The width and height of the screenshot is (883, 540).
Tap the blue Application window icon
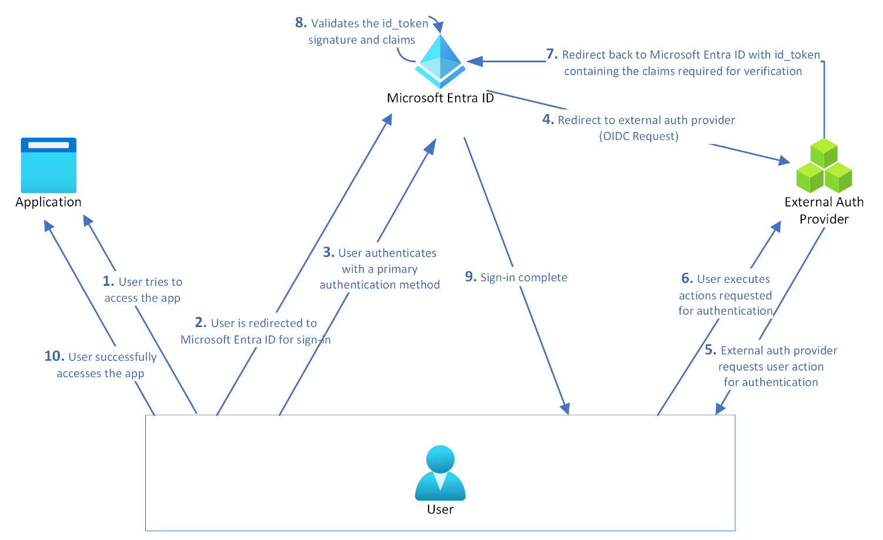coord(48,165)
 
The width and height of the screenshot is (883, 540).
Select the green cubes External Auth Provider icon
coord(824,166)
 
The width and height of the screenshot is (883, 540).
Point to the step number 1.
coord(108,281)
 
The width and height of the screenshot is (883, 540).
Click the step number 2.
coord(200,322)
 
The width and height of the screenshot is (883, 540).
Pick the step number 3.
coord(328,252)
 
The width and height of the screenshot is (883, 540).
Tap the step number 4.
coord(548,119)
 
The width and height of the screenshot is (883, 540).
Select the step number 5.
coord(710,350)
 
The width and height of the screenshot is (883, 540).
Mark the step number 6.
coord(687,278)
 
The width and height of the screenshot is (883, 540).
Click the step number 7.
coord(551,54)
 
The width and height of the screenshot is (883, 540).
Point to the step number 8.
coord(300,23)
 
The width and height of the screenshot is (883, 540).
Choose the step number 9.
coord(470,277)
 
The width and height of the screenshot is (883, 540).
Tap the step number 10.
coord(54,356)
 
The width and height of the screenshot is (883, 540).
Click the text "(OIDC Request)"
coord(638,136)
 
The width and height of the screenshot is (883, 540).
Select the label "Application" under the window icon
coord(48,202)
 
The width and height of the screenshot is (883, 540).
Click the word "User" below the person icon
coord(440,509)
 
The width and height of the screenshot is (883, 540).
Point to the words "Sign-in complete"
coord(524,278)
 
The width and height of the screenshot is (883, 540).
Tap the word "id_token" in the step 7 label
coord(797,55)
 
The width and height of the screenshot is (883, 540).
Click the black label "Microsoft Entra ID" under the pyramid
coord(440,98)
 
